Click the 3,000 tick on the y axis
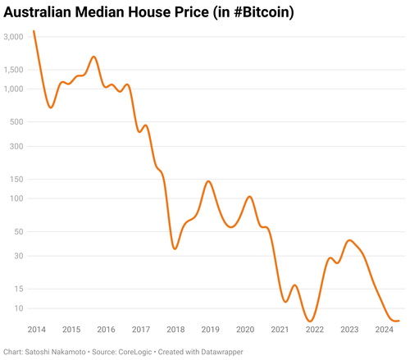[15, 38]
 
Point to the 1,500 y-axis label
[15, 70]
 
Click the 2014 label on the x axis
[36, 330]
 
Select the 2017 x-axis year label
[140, 330]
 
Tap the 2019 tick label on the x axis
[210, 330]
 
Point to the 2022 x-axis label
[314, 330]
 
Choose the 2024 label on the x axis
[384, 330]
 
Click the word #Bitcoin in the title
[258, 13]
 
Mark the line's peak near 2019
[209, 181]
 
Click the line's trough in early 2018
[175, 248]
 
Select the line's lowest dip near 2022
[310, 321]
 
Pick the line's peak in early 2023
[350, 240]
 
